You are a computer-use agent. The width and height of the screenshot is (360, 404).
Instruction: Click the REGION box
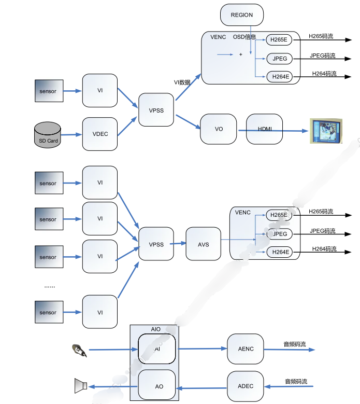pyautogui.click(x=242, y=15)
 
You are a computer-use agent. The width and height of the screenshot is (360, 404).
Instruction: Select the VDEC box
pyautogui.click(x=100, y=134)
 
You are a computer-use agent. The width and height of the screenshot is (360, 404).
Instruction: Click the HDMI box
pyautogui.click(x=264, y=129)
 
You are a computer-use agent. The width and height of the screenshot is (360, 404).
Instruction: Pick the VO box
pyautogui.click(x=219, y=129)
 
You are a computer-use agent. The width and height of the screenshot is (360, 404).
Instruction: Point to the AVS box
pyautogui.click(x=203, y=244)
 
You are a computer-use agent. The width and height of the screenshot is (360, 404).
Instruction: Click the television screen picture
pyautogui.click(x=326, y=131)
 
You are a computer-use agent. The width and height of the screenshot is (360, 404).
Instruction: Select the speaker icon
pyautogui.click(x=80, y=386)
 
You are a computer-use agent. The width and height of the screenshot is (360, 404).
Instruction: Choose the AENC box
pyautogui.click(x=246, y=349)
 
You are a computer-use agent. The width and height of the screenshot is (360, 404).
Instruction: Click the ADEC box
pyautogui.click(x=246, y=386)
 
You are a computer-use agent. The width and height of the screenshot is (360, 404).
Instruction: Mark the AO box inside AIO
pyautogui.click(x=159, y=387)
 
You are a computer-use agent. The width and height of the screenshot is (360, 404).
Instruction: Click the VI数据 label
pyautogui.click(x=182, y=82)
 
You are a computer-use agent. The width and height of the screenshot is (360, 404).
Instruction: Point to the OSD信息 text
pyautogui.click(x=244, y=37)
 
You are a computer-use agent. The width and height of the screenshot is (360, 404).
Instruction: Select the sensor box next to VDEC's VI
pyautogui.click(x=48, y=91)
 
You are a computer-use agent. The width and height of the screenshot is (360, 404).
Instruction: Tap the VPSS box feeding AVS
pyautogui.click(x=156, y=244)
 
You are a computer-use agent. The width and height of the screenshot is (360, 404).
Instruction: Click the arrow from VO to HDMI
pyautogui.click(x=241, y=129)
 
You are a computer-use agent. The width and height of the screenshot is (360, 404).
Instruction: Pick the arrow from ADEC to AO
pyautogui.click(x=203, y=387)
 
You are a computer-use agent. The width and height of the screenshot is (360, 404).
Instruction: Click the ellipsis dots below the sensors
pyautogui.click(x=50, y=286)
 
